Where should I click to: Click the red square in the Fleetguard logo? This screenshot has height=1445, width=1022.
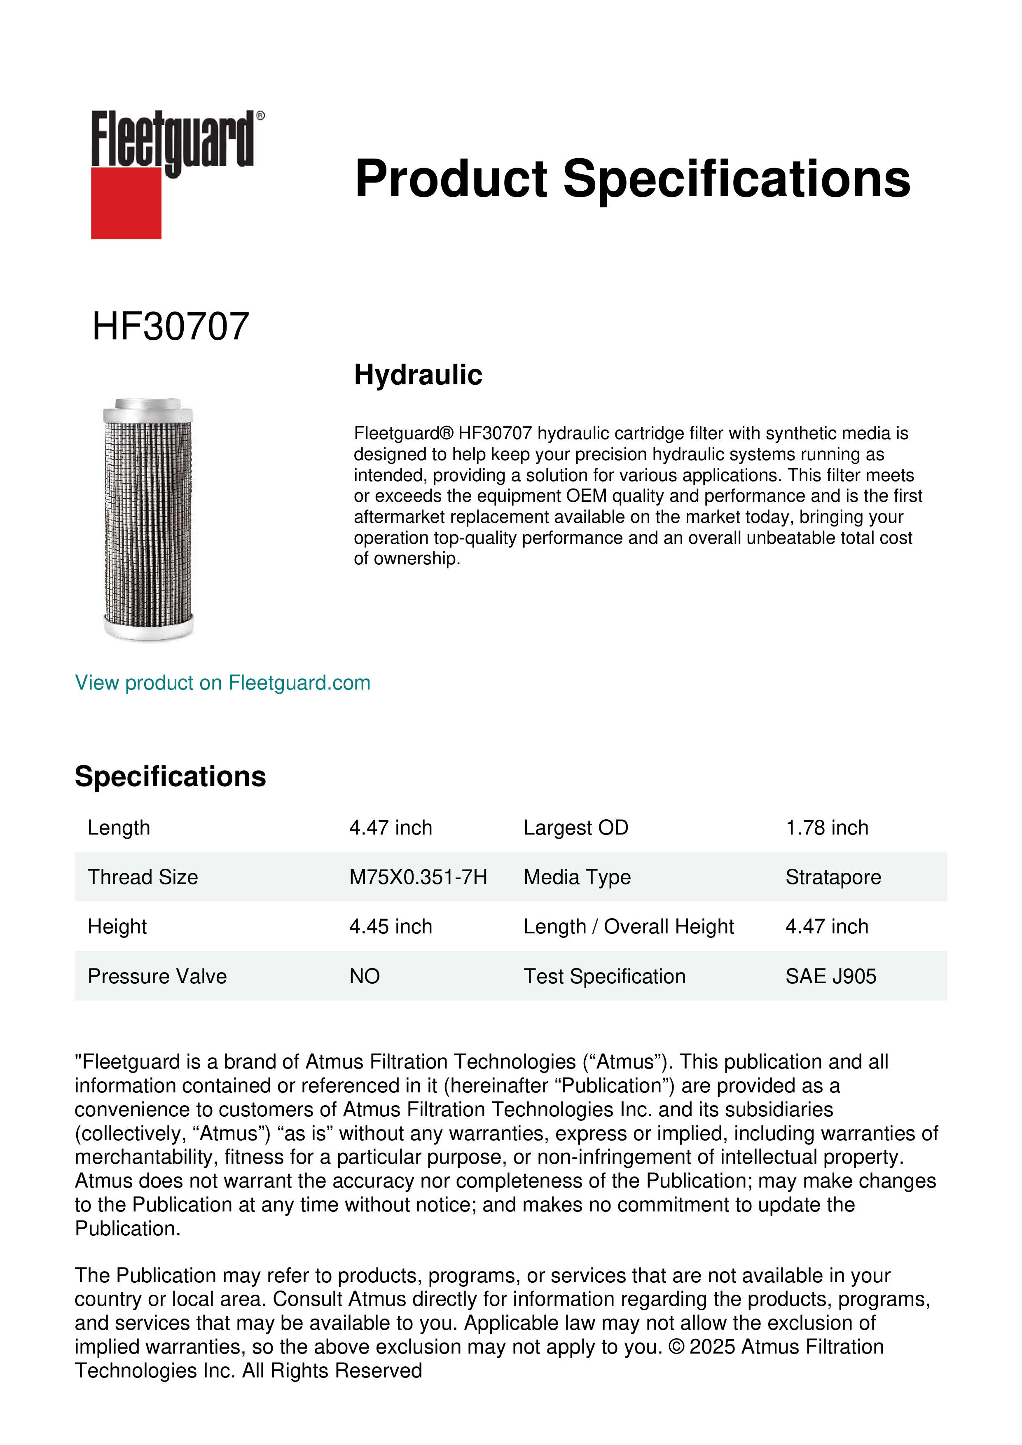[126, 203]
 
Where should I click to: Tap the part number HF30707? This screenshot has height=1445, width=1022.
[171, 327]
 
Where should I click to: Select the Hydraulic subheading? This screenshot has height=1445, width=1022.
[418, 375]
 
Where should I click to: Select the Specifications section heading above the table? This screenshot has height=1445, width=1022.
[170, 776]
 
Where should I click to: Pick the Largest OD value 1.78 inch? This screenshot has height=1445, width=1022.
[826, 828]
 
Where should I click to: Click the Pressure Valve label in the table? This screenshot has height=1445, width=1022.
[157, 976]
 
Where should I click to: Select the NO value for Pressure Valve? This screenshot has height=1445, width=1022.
[365, 976]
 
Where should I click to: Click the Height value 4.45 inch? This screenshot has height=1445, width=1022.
[390, 926]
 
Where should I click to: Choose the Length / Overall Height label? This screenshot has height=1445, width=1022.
[629, 926]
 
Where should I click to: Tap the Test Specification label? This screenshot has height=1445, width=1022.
[604, 976]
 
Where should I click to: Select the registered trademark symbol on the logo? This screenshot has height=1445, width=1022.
[260, 116]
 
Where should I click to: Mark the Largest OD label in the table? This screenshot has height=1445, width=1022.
[576, 828]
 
